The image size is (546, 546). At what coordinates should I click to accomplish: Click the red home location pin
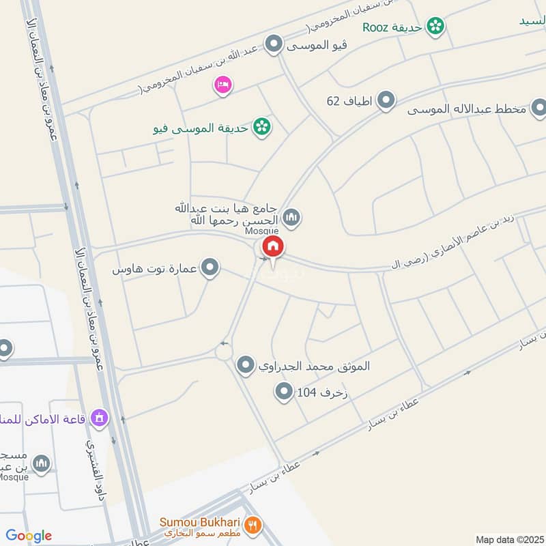[272, 247]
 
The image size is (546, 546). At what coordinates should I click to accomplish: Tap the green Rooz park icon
[435, 27]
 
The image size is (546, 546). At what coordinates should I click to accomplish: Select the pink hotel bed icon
[222, 85]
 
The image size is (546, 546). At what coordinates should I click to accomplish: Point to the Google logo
[29, 536]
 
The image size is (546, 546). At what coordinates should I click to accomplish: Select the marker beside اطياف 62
[386, 101]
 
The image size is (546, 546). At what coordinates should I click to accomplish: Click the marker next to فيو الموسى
[274, 45]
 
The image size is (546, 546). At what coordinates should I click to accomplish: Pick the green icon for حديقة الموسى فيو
[260, 127]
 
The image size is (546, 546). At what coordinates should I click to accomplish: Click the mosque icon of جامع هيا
[292, 218]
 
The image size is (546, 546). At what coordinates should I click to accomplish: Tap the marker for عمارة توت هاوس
[211, 268]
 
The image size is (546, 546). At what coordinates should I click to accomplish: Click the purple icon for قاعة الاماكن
[100, 417]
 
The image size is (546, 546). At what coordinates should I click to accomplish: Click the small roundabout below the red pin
[224, 352]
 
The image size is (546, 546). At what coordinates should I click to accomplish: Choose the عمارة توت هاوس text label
[156, 269]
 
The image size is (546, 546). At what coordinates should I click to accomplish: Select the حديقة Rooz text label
[386, 27]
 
